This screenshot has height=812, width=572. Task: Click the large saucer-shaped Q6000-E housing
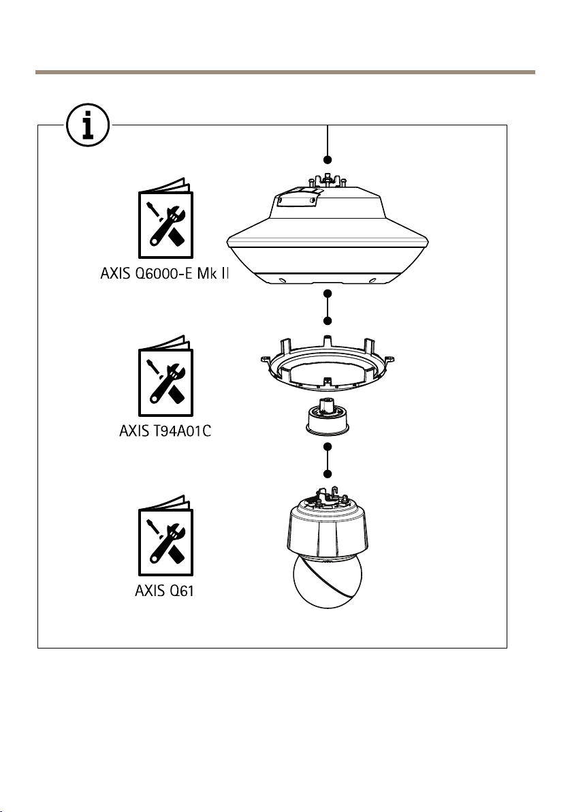pos(330,238)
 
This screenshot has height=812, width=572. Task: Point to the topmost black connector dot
pos(328,159)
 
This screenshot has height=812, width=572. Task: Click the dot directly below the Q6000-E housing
pos(328,294)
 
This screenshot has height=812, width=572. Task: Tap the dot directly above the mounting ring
pos(328,320)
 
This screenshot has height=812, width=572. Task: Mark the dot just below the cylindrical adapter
pos(328,447)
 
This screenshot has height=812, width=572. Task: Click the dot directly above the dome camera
pos(328,473)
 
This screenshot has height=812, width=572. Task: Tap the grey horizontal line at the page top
pos(286,71)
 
